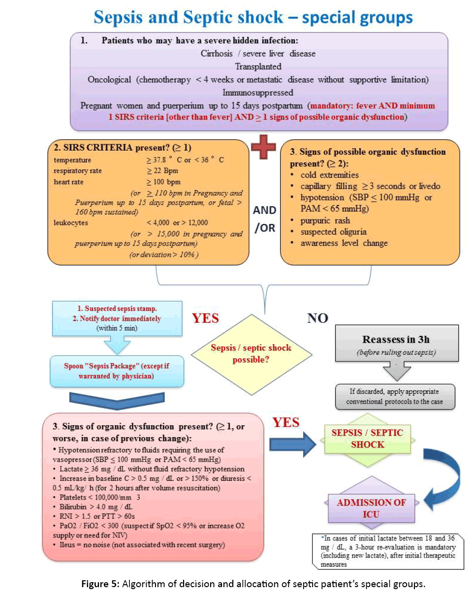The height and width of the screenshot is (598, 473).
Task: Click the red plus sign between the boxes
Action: (x=263, y=146)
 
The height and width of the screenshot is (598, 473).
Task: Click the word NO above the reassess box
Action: (x=317, y=318)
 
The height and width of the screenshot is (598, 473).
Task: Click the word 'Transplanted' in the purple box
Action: (x=258, y=66)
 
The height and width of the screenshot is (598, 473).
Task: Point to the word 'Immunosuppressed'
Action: (x=258, y=92)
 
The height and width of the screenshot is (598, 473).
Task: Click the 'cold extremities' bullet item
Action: (x=330, y=175)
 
